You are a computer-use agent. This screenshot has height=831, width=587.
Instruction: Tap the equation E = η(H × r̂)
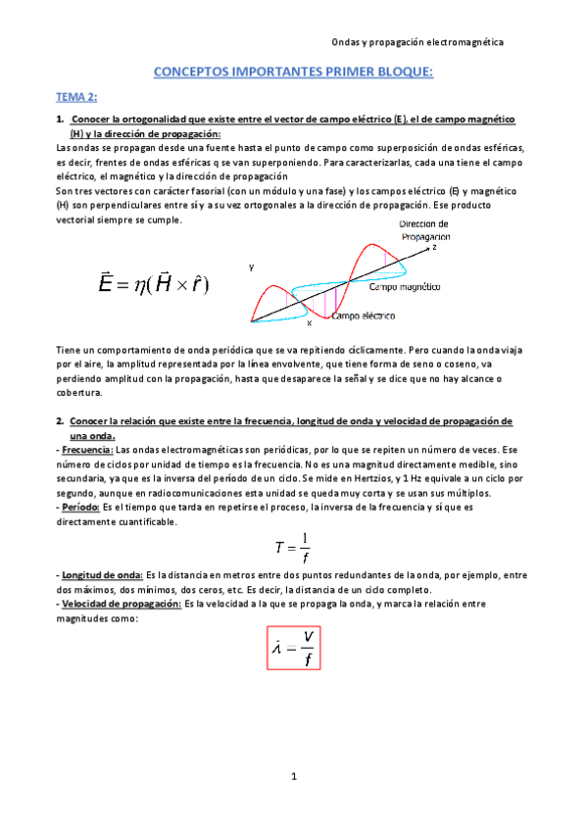coord(155,284)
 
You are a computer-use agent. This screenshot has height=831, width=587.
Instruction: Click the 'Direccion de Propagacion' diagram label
coord(425,230)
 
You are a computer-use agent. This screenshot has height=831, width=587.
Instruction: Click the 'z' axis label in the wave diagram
coord(434,248)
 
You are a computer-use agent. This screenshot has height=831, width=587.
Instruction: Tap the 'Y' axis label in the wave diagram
coord(252,267)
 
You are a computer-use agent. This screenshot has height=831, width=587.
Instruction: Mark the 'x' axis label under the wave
coord(309,323)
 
